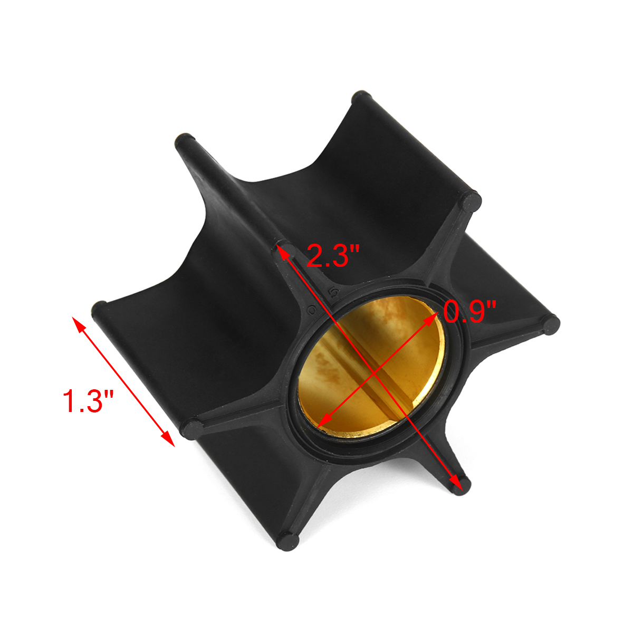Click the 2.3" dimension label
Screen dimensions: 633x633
(x=333, y=256)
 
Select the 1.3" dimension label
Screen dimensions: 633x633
(x=88, y=401)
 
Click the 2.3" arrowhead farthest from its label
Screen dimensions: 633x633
(x=456, y=481)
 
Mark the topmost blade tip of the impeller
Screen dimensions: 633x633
(x=361, y=99)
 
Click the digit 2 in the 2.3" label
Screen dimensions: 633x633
(x=315, y=256)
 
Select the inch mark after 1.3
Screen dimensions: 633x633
(x=109, y=393)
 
